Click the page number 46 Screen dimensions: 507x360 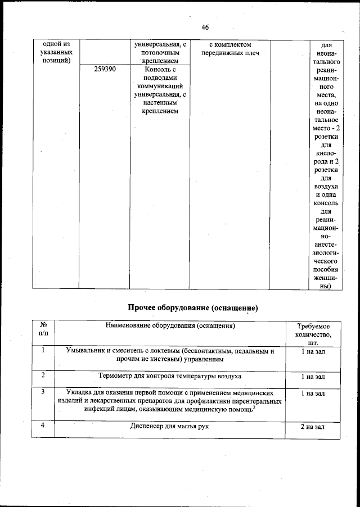[205, 28]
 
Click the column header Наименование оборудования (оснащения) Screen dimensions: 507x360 [170, 326]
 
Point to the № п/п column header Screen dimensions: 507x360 [43, 330]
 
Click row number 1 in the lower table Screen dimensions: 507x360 [43, 351]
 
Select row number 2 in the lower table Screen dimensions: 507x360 [43, 375]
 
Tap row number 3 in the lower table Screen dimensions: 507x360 [43, 392]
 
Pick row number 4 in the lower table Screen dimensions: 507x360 [43, 426]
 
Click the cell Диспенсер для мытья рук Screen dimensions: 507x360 [170, 427]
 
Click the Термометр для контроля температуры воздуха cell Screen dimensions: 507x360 [170, 376]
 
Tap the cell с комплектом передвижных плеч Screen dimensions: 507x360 [229, 48]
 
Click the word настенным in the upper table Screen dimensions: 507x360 [160, 103]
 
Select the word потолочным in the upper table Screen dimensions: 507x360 [160, 52]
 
